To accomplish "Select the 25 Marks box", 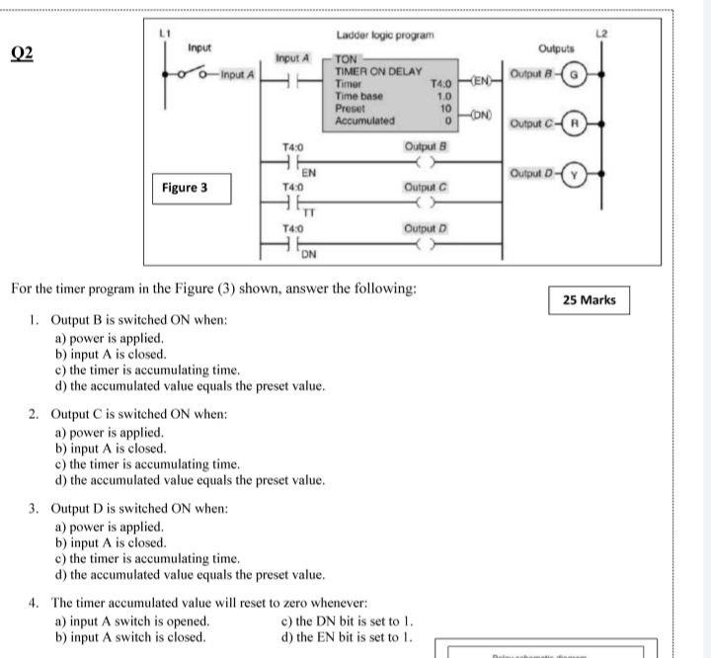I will tap(589, 300).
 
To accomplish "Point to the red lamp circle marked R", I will tap(576, 125).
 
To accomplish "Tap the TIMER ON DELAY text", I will tap(378, 72).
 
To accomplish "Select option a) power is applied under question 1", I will tap(109, 338).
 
